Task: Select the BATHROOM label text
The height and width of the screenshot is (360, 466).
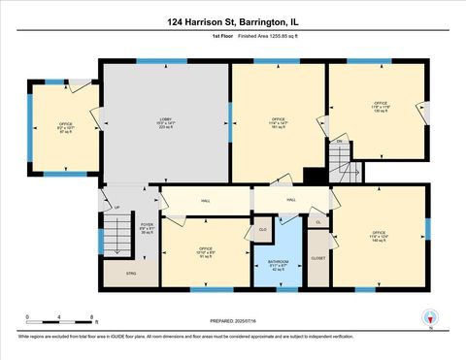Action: pos(278,262)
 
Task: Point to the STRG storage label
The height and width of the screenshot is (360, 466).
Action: pos(132,275)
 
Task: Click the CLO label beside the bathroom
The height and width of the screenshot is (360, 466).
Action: pos(262,229)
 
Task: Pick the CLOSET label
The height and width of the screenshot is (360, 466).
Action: pos(318,259)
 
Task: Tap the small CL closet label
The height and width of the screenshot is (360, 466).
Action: pos(318,222)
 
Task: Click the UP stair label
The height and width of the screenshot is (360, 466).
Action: pos(117,207)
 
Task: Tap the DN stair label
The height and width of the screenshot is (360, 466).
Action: pos(339,143)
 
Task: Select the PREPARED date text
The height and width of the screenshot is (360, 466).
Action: pos(233,322)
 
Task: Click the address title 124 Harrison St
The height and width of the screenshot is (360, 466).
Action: pos(233,19)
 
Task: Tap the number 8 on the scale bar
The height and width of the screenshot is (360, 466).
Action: pos(91,318)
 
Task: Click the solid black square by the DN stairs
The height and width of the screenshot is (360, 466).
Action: pos(313,176)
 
